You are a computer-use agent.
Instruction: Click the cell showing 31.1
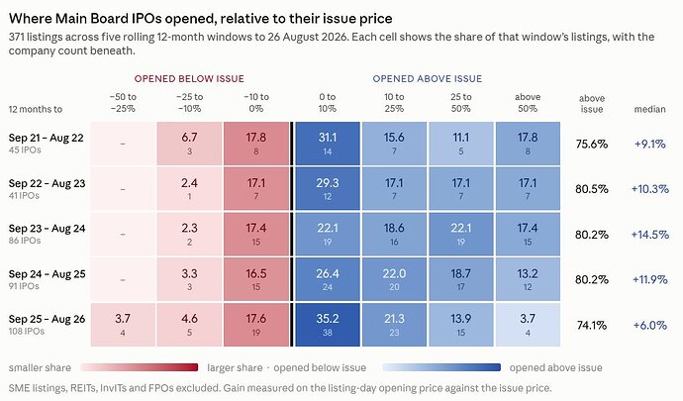coord(328,144)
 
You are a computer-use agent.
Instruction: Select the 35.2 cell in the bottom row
coord(328,325)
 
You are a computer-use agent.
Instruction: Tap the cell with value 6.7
coord(189,144)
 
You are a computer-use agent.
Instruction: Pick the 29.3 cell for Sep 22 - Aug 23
coord(328,189)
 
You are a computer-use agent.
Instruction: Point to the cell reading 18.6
coord(394,235)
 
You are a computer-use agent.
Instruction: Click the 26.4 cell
coord(328,279)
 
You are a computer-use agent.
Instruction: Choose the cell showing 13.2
coord(528,279)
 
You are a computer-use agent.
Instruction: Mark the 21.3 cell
coord(394,325)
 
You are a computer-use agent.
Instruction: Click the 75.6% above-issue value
coord(592,144)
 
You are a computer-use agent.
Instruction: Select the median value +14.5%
coord(650,235)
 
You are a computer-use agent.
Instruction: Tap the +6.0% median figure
coord(650,325)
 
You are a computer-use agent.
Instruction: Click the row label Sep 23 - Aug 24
coord(48,229)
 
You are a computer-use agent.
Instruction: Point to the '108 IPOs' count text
coord(27,332)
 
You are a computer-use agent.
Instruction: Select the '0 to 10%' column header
coord(327,102)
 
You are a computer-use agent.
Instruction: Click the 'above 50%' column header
coord(528,102)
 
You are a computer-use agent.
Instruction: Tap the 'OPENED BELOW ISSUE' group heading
coord(189,79)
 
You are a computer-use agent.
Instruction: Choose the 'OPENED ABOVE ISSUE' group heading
coord(428,79)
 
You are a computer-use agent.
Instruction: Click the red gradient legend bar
coord(140,367)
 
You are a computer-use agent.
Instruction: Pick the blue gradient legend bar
coord(441,367)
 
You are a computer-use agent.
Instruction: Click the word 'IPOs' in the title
coord(147,19)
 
